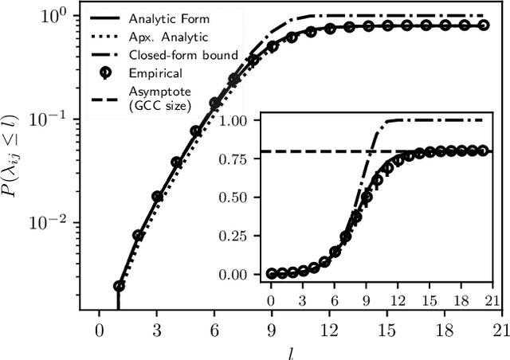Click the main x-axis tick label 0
click(x=99, y=327)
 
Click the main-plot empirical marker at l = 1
click(x=119, y=286)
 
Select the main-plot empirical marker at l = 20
click(x=481, y=25)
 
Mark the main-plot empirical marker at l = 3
click(x=157, y=196)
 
